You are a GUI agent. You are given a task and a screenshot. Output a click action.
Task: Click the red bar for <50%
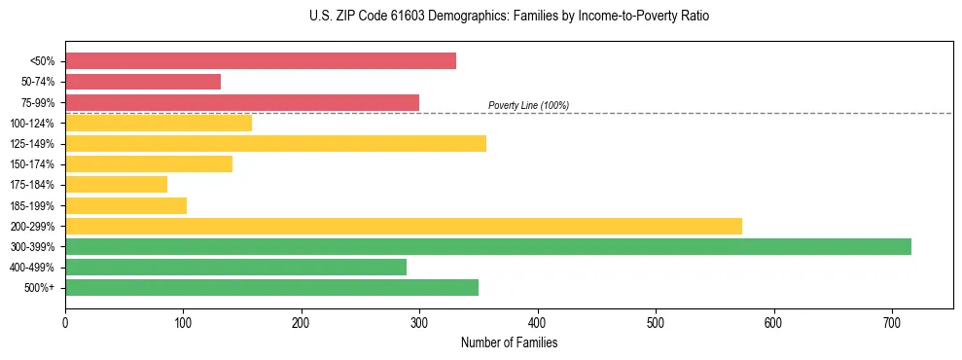click(261, 61)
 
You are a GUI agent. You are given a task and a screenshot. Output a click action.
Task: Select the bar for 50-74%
click(143, 82)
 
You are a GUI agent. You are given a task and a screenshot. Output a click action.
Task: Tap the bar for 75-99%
click(242, 102)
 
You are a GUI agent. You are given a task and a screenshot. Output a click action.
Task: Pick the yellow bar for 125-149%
click(275, 144)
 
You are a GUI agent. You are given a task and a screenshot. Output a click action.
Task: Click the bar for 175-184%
click(116, 185)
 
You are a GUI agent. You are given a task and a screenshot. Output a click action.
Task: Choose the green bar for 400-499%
click(235, 268)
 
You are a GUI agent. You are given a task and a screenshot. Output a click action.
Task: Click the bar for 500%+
click(271, 288)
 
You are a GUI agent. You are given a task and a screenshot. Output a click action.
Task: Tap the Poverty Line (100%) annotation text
click(528, 105)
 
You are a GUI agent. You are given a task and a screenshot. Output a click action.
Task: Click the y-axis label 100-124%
click(32, 124)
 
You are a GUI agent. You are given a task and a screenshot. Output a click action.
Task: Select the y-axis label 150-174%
click(32, 164)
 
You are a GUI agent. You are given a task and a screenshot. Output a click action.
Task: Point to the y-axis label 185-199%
click(32, 206)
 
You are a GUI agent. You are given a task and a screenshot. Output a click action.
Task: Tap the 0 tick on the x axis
click(65, 322)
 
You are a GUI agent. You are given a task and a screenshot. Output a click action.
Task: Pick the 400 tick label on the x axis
click(538, 322)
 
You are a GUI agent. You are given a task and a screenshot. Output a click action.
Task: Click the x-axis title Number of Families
click(509, 342)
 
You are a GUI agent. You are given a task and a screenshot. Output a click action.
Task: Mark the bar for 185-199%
click(125, 205)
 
